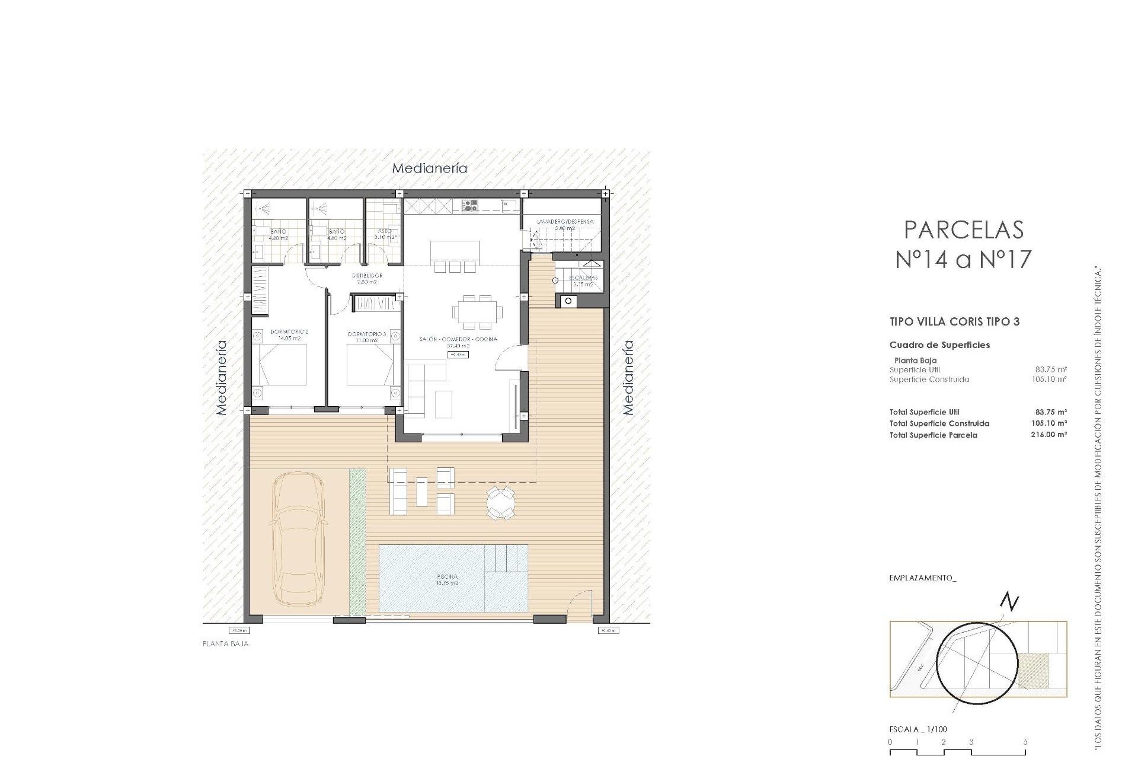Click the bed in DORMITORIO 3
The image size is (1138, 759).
(370, 364)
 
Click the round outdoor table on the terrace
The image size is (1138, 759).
(501, 503)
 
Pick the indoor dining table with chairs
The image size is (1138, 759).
(477, 312)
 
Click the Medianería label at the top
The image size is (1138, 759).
(430, 168)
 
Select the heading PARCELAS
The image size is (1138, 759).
(964, 230)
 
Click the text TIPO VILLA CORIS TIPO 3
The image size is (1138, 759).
(954, 322)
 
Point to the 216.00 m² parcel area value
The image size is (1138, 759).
(1049, 435)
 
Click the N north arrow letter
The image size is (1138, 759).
(1009, 602)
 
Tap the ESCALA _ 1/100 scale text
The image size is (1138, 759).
(923, 729)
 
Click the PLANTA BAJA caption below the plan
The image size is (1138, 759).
(225, 643)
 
